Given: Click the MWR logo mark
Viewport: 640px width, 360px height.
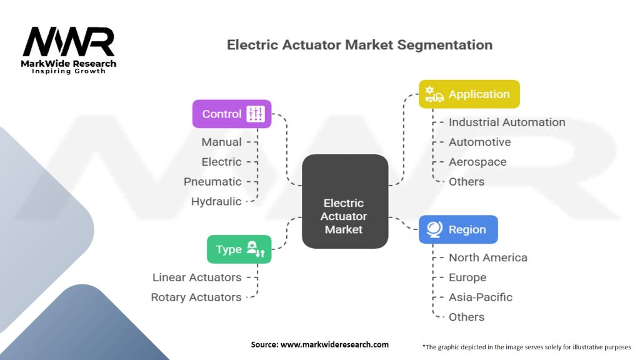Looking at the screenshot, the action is (x=69, y=42).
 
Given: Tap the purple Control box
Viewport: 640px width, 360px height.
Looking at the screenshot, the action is (x=232, y=114).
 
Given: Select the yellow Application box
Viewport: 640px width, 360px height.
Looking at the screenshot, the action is (x=469, y=94).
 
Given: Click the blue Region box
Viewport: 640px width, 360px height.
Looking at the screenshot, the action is (x=458, y=229).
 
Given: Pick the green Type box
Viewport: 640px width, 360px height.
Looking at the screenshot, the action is (x=239, y=249).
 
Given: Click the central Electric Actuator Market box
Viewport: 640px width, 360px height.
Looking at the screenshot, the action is (x=345, y=201).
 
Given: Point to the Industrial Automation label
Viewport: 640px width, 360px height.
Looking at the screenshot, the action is (x=507, y=122).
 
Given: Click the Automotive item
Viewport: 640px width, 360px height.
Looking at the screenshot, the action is (x=479, y=142).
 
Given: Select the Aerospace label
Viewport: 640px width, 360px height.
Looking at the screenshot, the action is (x=477, y=162).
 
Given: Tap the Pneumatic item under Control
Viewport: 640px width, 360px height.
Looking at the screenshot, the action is (x=212, y=182).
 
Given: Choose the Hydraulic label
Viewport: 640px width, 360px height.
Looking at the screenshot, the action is (x=216, y=202).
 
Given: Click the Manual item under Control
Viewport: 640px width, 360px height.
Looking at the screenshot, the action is (x=221, y=142).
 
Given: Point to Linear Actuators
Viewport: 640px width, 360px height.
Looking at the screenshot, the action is (x=197, y=277).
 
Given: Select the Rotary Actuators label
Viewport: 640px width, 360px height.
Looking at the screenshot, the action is (x=196, y=297).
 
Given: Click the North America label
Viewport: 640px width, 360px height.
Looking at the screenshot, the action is (x=487, y=257).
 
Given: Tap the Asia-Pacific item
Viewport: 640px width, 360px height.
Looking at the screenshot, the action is (x=481, y=297).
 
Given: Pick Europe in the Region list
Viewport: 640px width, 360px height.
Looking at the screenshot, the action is (x=467, y=277).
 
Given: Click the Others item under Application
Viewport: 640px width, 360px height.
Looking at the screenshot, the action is (x=466, y=182).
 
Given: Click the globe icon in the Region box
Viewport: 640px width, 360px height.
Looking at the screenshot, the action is (x=434, y=229).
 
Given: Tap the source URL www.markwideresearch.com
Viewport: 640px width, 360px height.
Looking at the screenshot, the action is (x=334, y=344).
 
